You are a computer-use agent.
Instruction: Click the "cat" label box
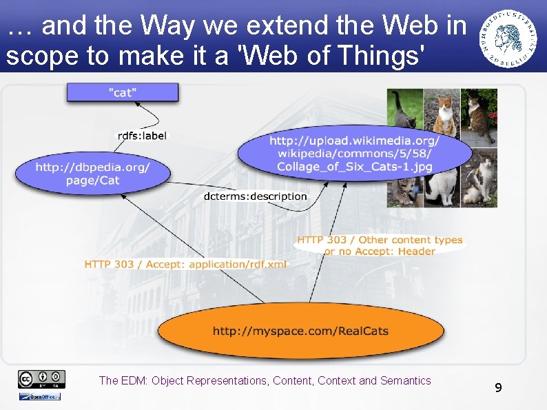(x=122, y=92)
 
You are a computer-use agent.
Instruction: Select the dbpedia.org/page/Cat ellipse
(x=92, y=174)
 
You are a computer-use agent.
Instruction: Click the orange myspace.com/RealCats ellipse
(x=300, y=331)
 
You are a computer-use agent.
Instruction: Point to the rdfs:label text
(x=142, y=136)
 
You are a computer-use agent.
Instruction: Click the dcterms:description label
(x=256, y=196)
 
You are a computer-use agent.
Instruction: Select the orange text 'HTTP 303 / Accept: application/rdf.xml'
(x=186, y=265)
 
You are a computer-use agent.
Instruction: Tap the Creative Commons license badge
(x=41, y=378)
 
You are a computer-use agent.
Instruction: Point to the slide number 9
(x=498, y=389)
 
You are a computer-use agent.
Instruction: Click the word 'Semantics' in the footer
(x=406, y=380)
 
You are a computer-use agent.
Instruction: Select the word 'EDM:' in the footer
(x=134, y=380)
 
